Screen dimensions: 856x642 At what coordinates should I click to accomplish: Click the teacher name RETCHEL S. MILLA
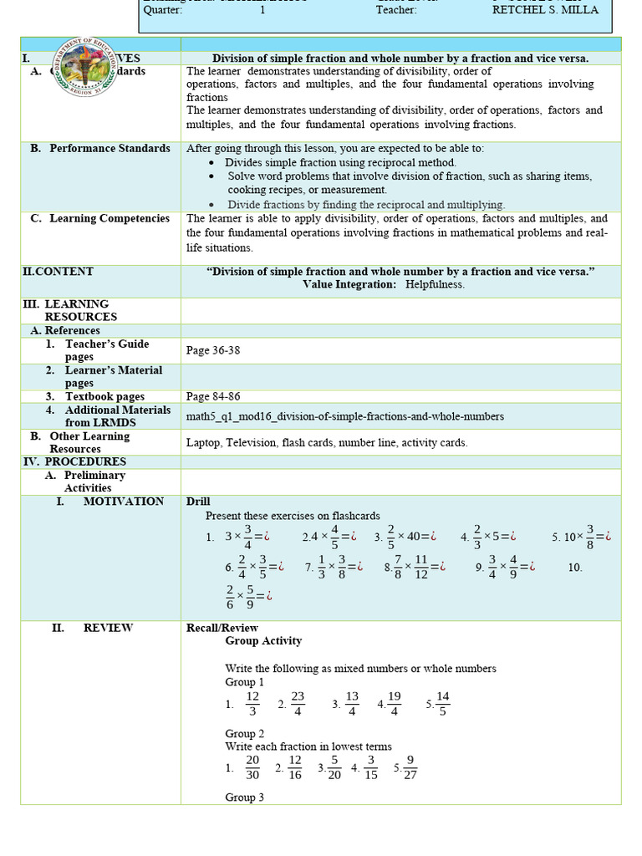coord(546,11)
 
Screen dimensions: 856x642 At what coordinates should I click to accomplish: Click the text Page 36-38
coord(213,350)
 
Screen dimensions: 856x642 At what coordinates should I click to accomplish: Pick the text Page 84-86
coord(213,396)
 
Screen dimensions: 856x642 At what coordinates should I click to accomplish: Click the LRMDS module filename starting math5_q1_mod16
coord(344,415)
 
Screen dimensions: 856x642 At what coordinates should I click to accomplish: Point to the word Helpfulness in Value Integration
coord(435,284)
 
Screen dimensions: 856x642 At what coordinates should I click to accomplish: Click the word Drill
coord(198,502)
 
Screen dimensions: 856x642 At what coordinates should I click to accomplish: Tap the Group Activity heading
coord(263,641)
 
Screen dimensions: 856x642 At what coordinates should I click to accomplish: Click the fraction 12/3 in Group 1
coord(252,704)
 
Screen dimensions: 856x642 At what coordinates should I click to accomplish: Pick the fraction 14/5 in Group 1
coord(443,704)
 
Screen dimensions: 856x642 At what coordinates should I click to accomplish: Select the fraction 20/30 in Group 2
coord(252,767)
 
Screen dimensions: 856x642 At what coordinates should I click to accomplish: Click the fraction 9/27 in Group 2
coord(410,767)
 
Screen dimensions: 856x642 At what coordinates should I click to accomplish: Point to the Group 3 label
coord(245,797)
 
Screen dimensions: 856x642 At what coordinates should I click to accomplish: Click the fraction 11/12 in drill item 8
coord(421,567)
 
